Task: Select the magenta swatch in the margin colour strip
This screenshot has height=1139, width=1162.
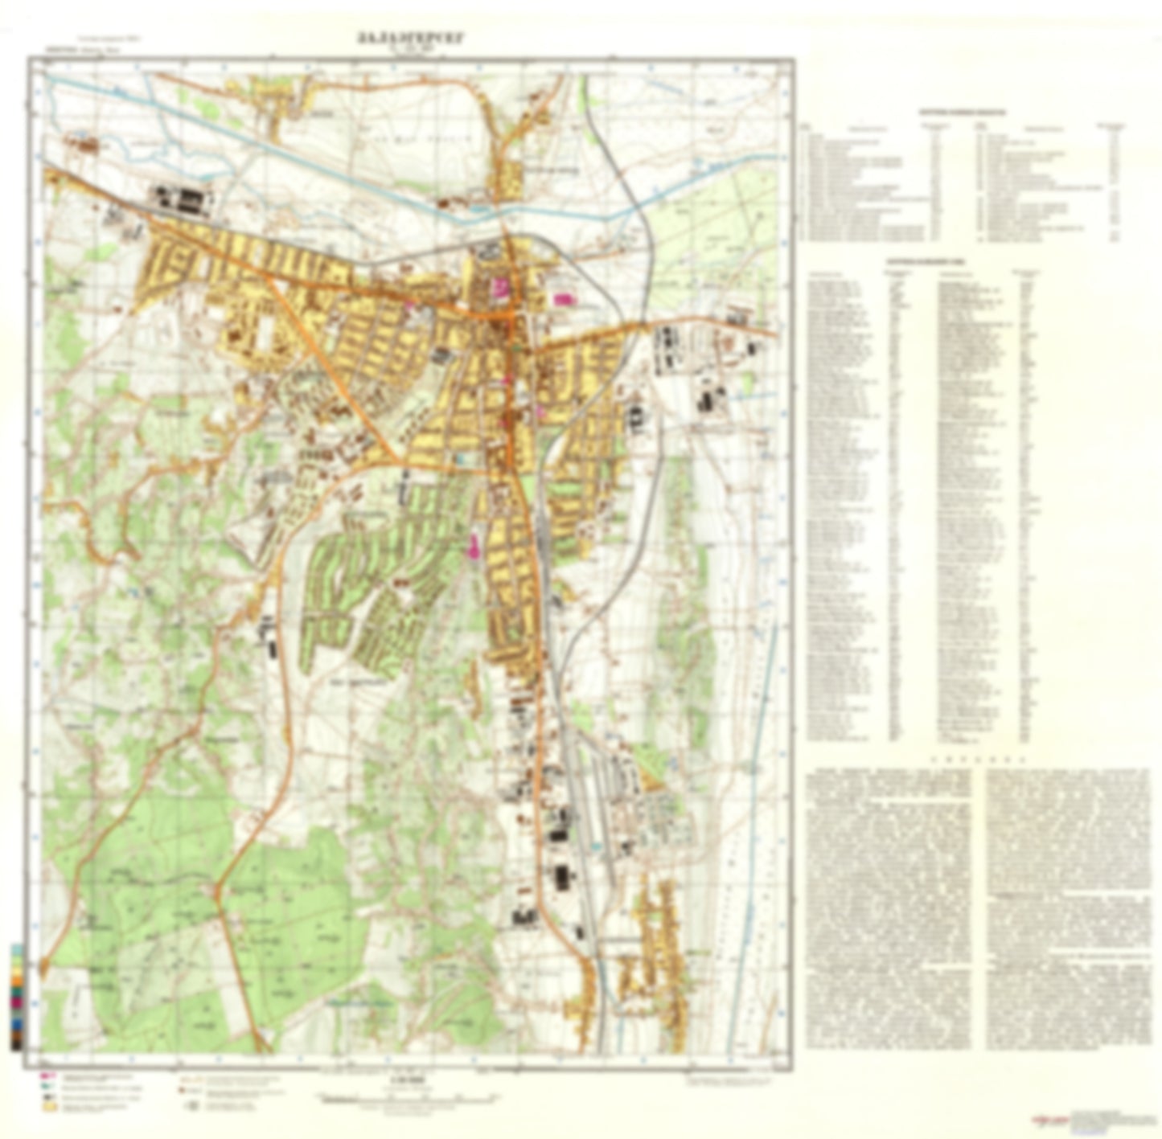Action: point(17,1003)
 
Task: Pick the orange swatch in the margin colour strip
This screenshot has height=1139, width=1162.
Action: point(17,982)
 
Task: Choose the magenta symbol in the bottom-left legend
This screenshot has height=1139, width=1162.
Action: point(47,1075)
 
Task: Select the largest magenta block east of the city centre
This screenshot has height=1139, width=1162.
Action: point(561,299)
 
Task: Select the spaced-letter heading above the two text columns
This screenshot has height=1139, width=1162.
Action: point(977,759)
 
